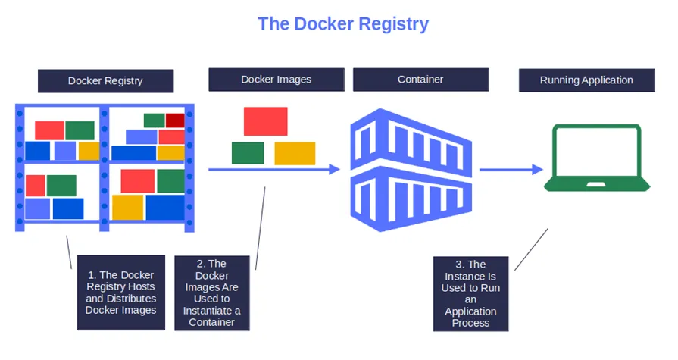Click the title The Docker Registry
click(x=342, y=23)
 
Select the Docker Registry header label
click(x=105, y=80)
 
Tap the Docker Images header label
click(x=277, y=79)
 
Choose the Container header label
click(x=420, y=79)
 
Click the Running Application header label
click(x=586, y=80)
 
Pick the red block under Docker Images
click(x=265, y=121)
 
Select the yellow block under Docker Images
click(x=295, y=153)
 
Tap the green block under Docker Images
click(x=248, y=153)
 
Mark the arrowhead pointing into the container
click(x=334, y=170)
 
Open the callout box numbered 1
click(x=120, y=292)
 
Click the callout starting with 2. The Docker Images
click(x=211, y=293)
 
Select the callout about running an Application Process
click(x=470, y=293)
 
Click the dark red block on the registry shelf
click(x=175, y=120)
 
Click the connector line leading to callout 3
click(x=532, y=249)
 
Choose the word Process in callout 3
click(x=470, y=323)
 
